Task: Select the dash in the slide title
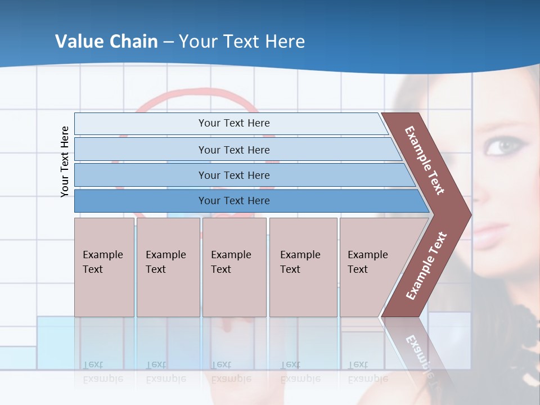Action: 168,42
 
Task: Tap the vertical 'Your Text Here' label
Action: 65,161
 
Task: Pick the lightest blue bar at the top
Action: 233,123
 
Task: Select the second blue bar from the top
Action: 233,150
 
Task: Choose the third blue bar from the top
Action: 233,175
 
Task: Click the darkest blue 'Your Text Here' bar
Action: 233,201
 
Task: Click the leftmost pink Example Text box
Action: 104,267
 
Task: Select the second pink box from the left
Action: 168,267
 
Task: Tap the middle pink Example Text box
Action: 234,267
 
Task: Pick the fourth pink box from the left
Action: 303,267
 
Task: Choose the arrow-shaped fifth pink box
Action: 374,267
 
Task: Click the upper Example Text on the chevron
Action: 425,160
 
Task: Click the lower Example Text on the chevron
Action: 426,266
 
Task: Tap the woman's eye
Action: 500,146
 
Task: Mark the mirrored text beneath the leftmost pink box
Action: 103,372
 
